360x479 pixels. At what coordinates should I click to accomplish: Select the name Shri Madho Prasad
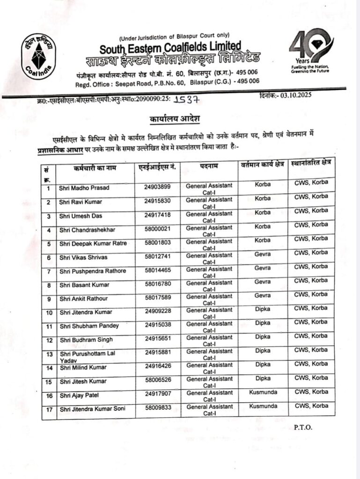coord(84,188)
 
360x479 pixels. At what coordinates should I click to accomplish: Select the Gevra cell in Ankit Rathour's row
coord(263,296)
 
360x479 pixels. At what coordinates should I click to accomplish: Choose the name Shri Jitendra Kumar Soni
coord(92,410)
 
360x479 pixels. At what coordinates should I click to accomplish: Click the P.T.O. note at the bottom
coord(303,427)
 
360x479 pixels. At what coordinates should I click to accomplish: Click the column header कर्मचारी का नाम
coord(95,167)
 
